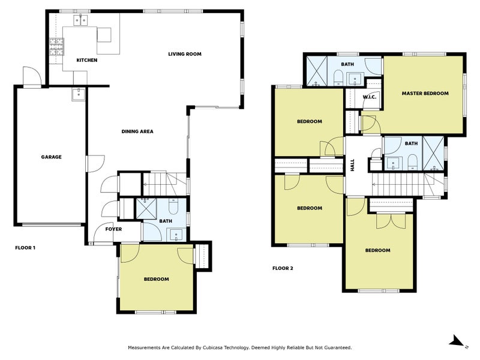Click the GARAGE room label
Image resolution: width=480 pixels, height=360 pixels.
point(51,157)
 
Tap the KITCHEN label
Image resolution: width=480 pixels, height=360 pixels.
point(87,61)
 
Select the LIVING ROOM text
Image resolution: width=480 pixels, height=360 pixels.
point(185,54)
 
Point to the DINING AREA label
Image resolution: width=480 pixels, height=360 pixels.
point(137,131)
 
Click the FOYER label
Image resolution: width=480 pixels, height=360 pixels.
point(113,229)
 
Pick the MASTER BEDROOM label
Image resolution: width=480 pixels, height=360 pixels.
point(425,94)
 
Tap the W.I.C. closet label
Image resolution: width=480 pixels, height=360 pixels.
point(370,97)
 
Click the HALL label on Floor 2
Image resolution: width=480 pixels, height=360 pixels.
point(352,165)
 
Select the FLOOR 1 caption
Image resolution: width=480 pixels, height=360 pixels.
point(25,248)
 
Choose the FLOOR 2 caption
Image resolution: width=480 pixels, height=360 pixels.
point(283,268)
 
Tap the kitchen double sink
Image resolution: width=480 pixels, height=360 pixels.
point(81,20)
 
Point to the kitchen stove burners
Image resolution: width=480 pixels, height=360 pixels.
point(56,47)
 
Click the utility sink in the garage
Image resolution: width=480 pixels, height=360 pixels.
point(79,95)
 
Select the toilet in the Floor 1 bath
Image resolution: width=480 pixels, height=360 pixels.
point(173,207)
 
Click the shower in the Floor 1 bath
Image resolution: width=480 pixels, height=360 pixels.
point(146,208)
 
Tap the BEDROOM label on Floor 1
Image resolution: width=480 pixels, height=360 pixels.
point(157,279)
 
